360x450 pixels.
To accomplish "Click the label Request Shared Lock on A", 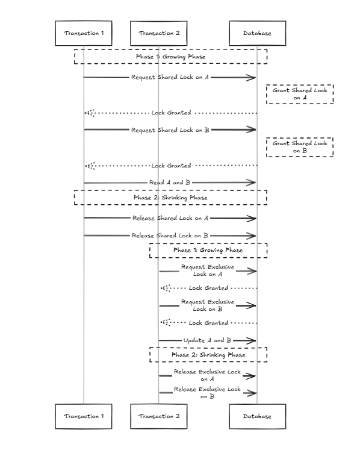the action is tap(170, 77).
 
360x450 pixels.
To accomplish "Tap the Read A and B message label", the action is tap(170, 183).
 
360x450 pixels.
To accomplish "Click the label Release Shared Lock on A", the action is tap(170, 218).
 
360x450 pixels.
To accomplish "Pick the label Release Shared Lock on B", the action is tap(170, 236).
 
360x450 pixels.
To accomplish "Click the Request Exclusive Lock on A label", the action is tap(208, 270).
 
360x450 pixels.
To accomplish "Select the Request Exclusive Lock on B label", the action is tap(208, 305).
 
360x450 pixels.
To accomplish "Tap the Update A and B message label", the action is tap(207, 340).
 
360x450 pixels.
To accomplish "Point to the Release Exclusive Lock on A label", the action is tap(207, 375).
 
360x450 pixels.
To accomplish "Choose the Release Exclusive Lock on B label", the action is tap(207, 393).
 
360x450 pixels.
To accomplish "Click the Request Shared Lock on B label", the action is tap(170, 130).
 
